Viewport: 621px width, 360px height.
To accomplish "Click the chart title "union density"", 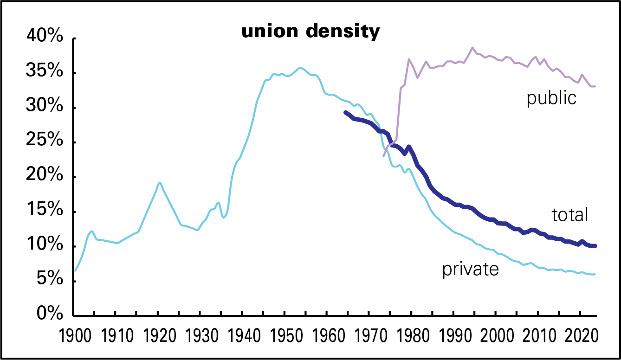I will coord(310,32).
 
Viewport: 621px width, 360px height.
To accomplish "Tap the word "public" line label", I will coord(551,98).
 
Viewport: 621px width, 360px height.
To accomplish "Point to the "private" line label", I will coord(471,269).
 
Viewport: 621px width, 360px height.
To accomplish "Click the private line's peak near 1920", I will coord(159,182).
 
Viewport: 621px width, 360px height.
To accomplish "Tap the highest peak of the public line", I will coord(472,47).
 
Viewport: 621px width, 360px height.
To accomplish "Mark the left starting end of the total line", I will coord(345,112).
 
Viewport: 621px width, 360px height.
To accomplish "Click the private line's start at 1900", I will coord(75,270).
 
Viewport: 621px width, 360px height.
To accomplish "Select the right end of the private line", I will coord(595,274).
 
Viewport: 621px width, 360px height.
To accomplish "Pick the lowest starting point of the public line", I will coord(383,156).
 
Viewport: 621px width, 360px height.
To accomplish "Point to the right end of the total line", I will coord(595,246).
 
